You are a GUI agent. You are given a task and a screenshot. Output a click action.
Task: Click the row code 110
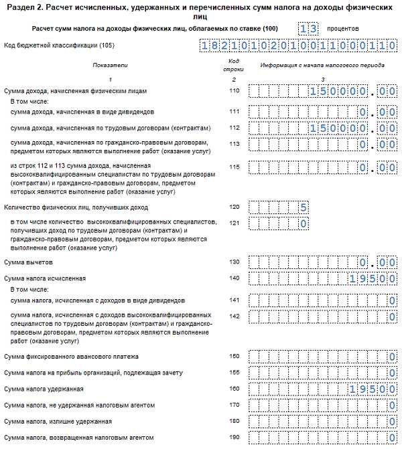[x=233, y=90]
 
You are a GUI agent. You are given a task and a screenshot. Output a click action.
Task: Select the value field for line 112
[x=322, y=127]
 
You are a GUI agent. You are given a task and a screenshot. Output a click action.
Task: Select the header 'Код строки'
[x=234, y=65]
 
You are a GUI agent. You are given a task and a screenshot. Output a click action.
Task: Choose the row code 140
[x=233, y=277]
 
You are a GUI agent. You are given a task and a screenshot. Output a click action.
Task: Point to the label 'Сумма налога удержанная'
[x=44, y=389]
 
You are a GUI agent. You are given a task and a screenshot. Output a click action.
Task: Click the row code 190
[x=233, y=438]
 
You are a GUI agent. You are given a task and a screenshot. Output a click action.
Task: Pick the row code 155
[x=233, y=372]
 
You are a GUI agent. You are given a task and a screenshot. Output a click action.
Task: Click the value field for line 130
[x=322, y=262]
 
